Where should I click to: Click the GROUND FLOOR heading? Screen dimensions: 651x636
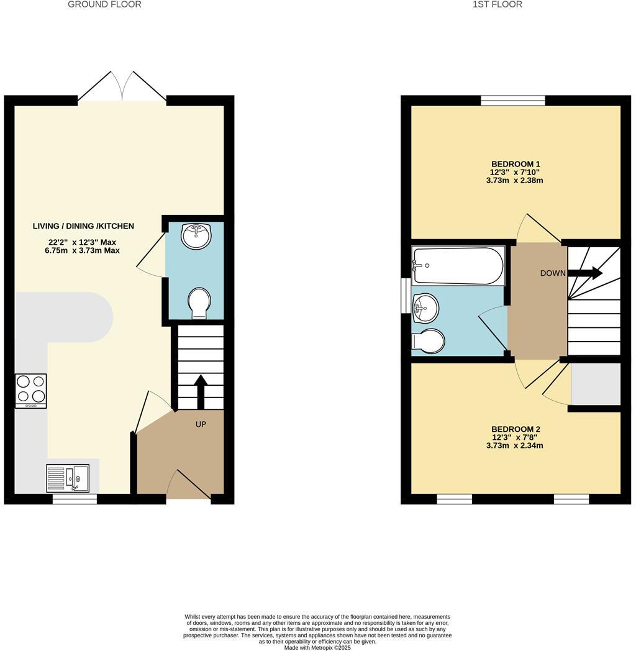point(104,4)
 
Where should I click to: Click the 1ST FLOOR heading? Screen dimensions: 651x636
point(497,4)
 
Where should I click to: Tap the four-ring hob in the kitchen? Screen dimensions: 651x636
point(31,390)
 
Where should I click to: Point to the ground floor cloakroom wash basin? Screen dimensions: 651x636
point(196,236)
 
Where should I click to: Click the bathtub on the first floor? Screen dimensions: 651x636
point(458,266)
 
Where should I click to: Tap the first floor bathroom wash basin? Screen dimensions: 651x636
point(425,308)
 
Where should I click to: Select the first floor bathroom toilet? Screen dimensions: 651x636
point(429,341)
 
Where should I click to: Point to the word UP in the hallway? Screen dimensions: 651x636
point(201,424)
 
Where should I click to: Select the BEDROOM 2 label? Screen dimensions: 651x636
point(516,429)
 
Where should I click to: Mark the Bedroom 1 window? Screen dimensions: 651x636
point(513,101)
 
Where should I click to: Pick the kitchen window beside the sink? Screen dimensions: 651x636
point(75,499)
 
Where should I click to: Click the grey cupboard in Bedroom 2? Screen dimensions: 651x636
point(595,384)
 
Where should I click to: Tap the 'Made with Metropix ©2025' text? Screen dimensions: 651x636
point(317,647)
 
